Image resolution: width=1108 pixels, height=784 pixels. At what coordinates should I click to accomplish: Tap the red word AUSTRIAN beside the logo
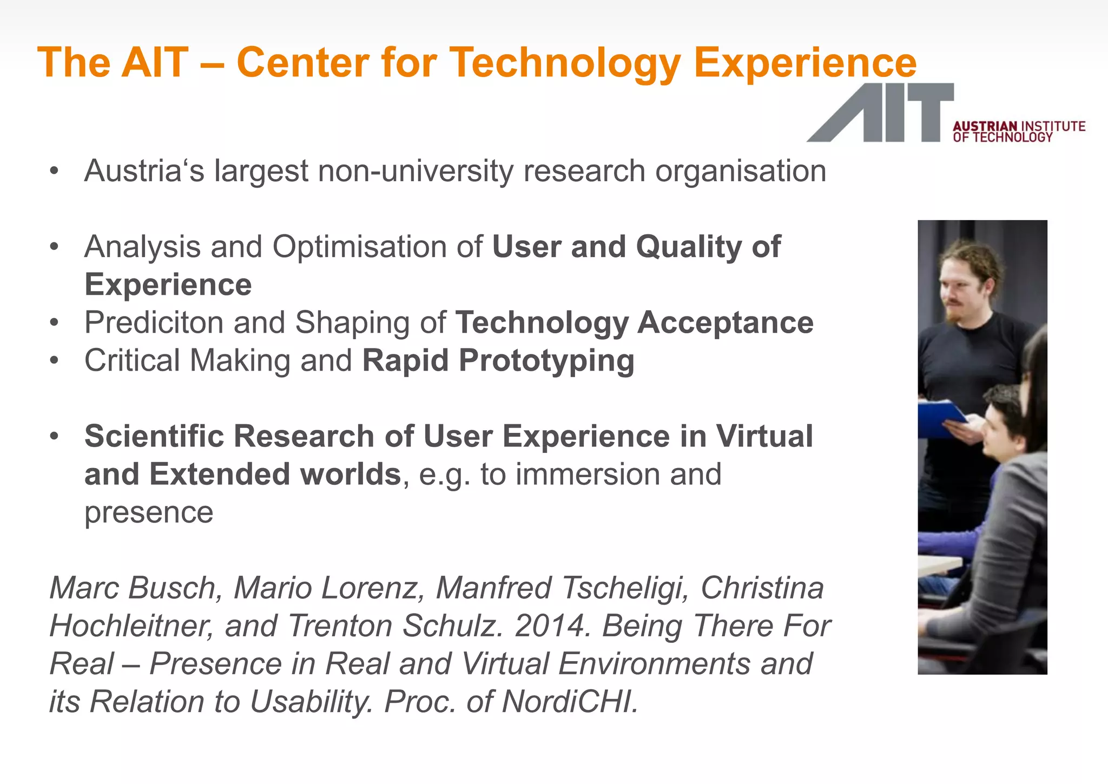pos(985,126)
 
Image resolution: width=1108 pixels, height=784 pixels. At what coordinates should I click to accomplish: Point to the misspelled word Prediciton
pos(154,323)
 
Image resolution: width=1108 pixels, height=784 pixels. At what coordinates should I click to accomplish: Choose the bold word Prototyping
pos(546,361)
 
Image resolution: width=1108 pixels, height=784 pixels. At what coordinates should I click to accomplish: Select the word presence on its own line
pos(149,512)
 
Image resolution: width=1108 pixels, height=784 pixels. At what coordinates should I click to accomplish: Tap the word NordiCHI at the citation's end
pos(570,702)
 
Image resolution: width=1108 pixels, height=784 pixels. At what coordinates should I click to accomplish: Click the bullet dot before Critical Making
pos(54,361)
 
